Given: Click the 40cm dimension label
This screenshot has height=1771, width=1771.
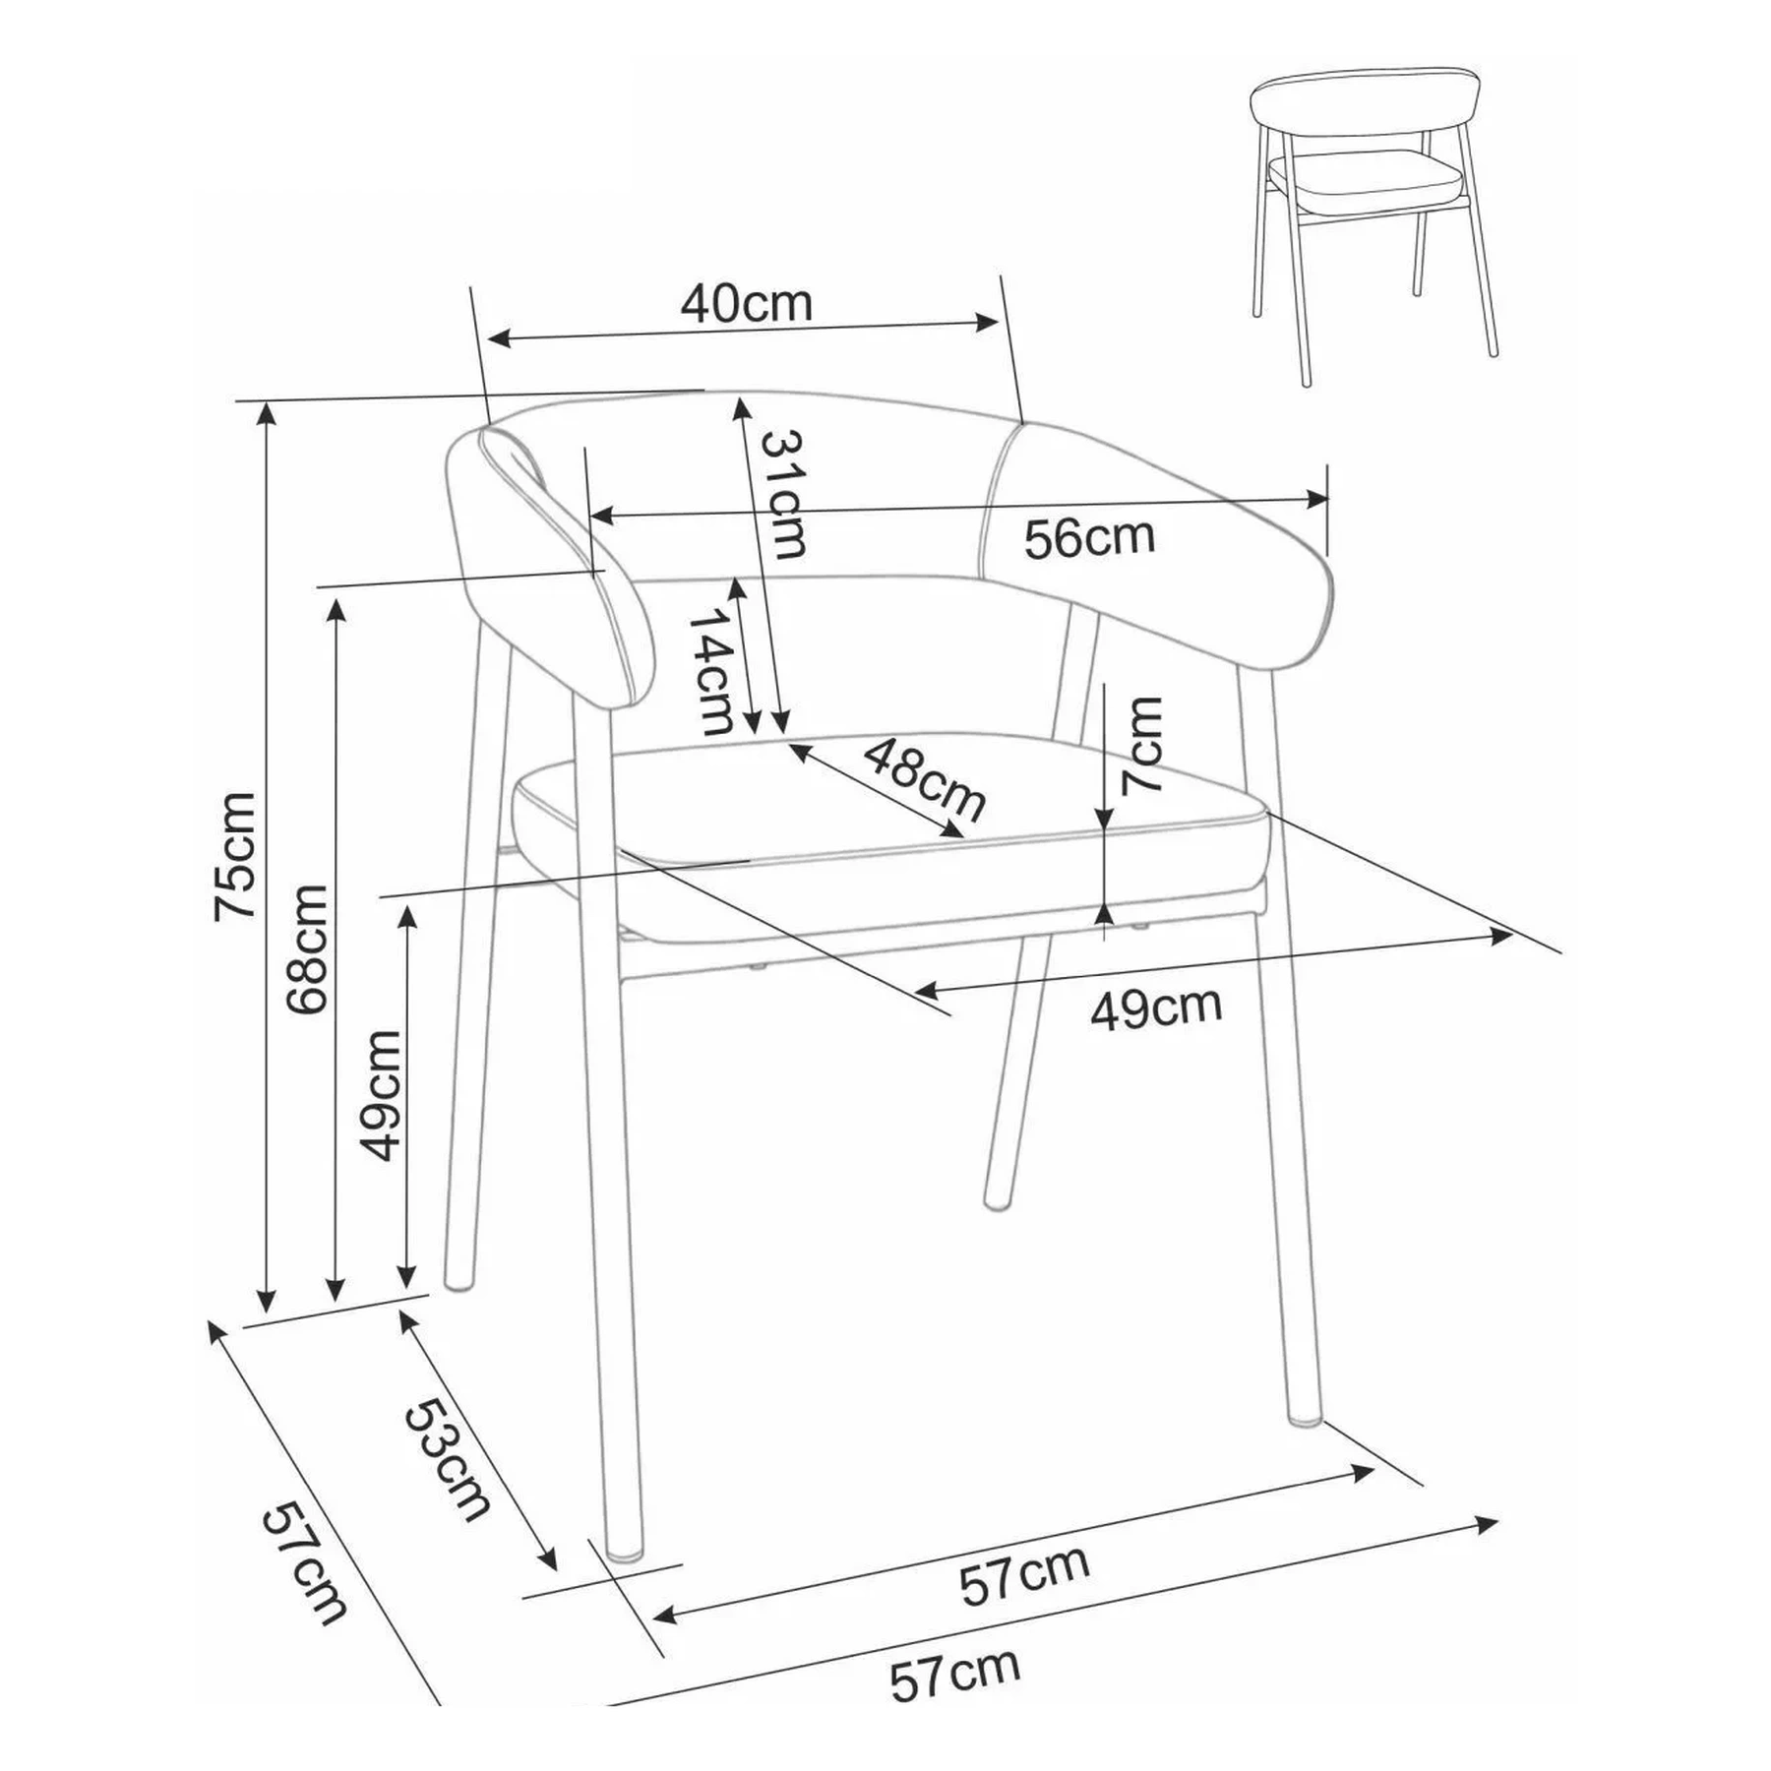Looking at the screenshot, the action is pos(747,305).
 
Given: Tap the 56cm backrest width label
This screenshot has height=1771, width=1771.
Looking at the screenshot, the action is pos(1089,538).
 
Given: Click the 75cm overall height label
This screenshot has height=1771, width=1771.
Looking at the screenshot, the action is pos(235,855).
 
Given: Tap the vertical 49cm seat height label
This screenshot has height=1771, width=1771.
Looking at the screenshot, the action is pos(381,1096).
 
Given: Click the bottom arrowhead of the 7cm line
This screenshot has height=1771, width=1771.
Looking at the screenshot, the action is pos(1105,912).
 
